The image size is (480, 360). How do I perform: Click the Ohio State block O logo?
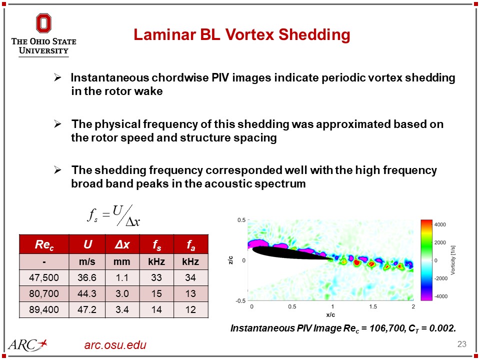(43, 23)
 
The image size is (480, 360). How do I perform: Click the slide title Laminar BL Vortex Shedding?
(241, 35)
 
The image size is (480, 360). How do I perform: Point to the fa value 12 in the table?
(190, 310)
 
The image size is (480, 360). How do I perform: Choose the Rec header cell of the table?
(43, 245)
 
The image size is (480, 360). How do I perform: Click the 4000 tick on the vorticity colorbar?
(440, 224)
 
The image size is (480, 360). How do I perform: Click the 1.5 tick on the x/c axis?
(372, 306)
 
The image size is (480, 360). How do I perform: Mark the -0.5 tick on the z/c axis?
(241, 300)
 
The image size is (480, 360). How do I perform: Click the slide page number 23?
(461, 344)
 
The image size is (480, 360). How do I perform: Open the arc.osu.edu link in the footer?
(115, 345)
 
